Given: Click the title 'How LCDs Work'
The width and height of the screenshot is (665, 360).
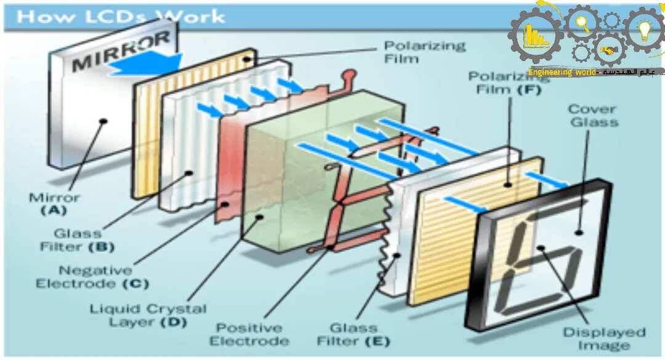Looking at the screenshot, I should click(x=121, y=17).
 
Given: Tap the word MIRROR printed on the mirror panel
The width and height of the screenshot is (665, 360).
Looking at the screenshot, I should click(x=121, y=52).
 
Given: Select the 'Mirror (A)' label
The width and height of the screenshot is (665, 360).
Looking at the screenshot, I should click(x=55, y=204).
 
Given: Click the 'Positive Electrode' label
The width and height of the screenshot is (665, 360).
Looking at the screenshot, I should click(x=249, y=334).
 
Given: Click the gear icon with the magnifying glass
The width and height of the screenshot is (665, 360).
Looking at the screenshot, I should click(x=582, y=25).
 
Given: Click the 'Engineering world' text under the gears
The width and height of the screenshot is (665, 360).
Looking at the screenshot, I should click(x=562, y=73).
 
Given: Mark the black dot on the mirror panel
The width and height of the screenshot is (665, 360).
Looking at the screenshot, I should click(x=104, y=121).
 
